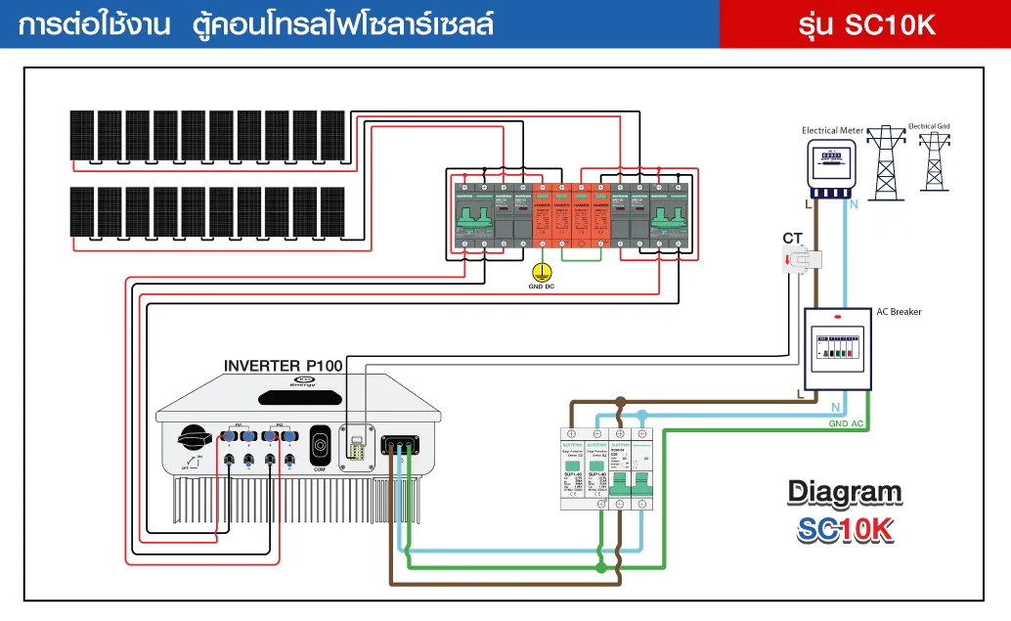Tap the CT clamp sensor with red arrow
pyautogui.click(x=801, y=259)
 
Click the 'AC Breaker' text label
pyautogui.click(x=899, y=312)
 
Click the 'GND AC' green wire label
pyautogui.click(x=845, y=423)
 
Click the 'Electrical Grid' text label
pyautogui.click(x=929, y=126)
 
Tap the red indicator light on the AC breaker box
pyautogui.click(x=836, y=317)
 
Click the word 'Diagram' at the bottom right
pyautogui.click(x=845, y=491)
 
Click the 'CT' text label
pyautogui.click(x=792, y=238)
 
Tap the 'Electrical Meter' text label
pyautogui.click(x=832, y=130)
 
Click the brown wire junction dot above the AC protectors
pyautogui.click(x=620, y=402)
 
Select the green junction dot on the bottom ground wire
pyautogui.click(x=600, y=566)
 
